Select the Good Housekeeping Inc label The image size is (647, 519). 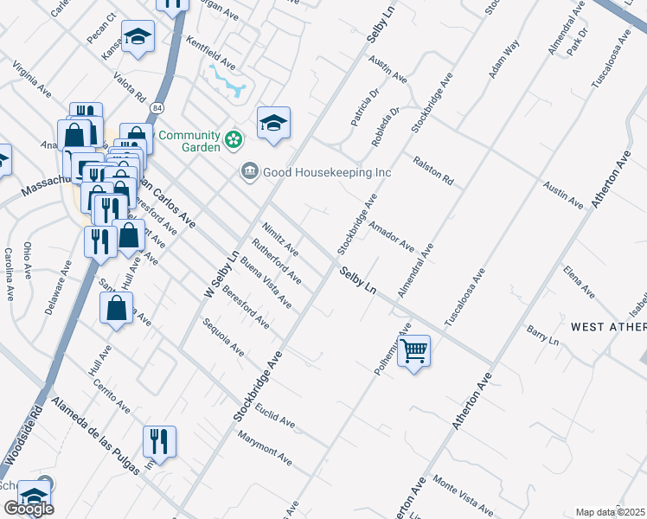coord(328,172)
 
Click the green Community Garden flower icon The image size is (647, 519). coord(233,138)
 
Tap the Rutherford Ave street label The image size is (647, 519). coord(276,262)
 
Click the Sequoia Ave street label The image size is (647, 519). coord(223,337)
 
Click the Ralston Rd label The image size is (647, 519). coord(433,170)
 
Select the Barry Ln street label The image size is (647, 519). coord(544,336)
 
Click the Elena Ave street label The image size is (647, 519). coord(579,283)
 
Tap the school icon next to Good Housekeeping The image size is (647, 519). coord(273,123)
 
